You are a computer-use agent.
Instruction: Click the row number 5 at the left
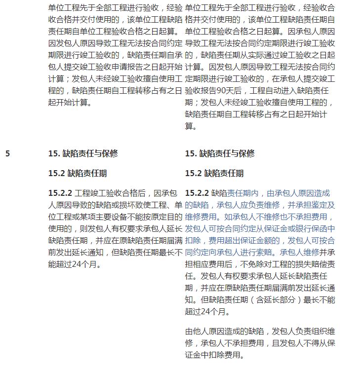pyautogui.click(x=7, y=153)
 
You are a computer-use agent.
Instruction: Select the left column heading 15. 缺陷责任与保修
pyautogui.click(x=82, y=153)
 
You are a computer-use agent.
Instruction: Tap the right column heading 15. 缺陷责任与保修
pyautogui.click(x=220, y=153)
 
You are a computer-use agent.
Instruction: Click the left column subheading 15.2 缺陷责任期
pyautogui.click(x=77, y=174)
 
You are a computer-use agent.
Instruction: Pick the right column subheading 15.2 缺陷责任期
pyautogui.click(x=214, y=174)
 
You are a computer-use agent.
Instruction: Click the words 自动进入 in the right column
pyautogui.click(x=276, y=91)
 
